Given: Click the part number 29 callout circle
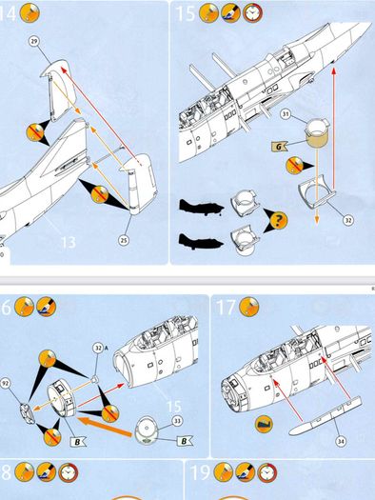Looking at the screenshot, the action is coord(33,41).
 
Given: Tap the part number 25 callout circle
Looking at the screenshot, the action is coord(124,240).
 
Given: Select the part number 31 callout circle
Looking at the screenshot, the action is coord(286,114).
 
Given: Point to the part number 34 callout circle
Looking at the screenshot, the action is coord(341,441).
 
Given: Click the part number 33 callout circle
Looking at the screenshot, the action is coord(177,421).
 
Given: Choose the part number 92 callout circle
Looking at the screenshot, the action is coord(5,384).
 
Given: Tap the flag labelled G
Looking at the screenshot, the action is coord(279,147).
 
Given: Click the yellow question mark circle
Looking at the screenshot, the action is coord(279,220).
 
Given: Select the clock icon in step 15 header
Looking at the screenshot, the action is coord(253,13).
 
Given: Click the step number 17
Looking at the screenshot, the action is coord(226,308).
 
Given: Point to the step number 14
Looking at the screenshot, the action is coord(7,13).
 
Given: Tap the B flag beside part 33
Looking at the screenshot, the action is coord(184,441).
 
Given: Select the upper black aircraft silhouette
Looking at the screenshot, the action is coord(201,207).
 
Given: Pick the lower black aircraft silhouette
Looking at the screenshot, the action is coord(201,241).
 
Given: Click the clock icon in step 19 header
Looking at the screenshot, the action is coord(267,472).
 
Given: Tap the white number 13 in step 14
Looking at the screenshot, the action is coord(69,242).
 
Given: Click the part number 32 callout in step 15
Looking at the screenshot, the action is coord(348,220).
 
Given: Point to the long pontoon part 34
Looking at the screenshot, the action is coord(326,416).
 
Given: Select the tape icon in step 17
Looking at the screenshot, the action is coord(264,425).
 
